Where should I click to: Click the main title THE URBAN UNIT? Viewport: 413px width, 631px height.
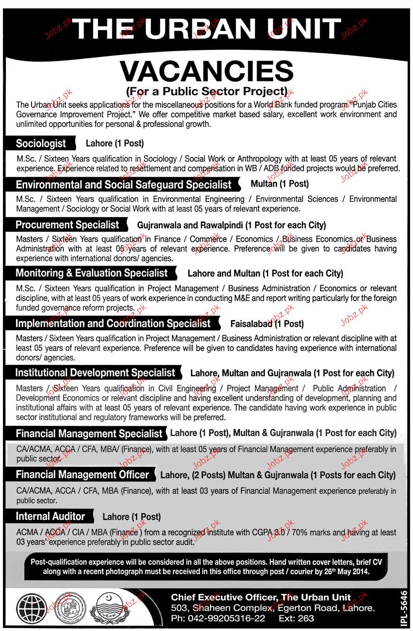pyautogui.click(x=206, y=29)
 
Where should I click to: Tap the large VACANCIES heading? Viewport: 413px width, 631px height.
pyautogui.click(x=206, y=70)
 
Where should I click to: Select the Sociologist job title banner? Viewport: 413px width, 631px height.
pyautogui.click(x=41, y=143)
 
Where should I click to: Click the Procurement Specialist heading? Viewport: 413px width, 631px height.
pyautogui.click(x=68, y=225)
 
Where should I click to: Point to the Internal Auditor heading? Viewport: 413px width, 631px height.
pyautogui.click(x=50, y=516)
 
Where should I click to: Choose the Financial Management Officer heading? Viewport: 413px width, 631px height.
pyautogui.click(x=82, y=475)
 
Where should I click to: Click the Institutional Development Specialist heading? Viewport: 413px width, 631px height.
pyautogui.click(x=95, y=373)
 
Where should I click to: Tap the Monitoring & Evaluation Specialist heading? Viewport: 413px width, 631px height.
pyautogui.click(x=91, y=273)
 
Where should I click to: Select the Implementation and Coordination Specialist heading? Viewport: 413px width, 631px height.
pyautogui.click(x=113, y=323)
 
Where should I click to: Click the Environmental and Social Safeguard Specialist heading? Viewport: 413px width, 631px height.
pyautogui.click(x=123, y=185)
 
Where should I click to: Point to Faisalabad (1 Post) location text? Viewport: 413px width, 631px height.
pyautogui.click(x=267, y=324)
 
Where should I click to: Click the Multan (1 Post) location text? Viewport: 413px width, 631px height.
pyautogui.click(x=280, y=184)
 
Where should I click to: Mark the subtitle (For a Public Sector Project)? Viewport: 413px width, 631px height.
pyautogui.click(x=206, y=91)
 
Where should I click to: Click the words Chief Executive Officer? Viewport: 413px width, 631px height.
pyautogui.click(x=223, y=597)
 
